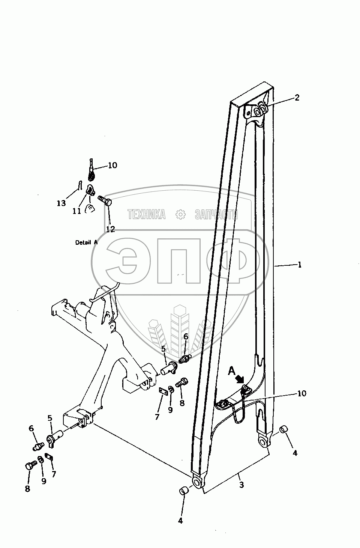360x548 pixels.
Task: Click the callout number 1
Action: (x=300, y=265)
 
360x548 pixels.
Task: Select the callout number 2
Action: (x=297, y=98)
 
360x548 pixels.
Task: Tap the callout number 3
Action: (x=241, y=485)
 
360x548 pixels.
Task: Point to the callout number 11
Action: (x=76, y=211)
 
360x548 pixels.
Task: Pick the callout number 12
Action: (x=110, y=229)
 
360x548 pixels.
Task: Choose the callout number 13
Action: (x=61, y=203)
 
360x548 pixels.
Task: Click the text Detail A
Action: (x=86, y=242)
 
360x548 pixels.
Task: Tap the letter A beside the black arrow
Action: (x=232, y=371)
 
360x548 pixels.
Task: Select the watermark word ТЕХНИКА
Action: (x=147, y=214)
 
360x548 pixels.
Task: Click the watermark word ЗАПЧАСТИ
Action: (x=216, y=214)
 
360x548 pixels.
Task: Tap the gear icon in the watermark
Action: (x=181, y=214)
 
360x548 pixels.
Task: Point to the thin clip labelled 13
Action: (x=79, y=185)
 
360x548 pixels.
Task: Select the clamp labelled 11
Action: (x=91, y=191)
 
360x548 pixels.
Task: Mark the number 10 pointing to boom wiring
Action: (x=301, y=393)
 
